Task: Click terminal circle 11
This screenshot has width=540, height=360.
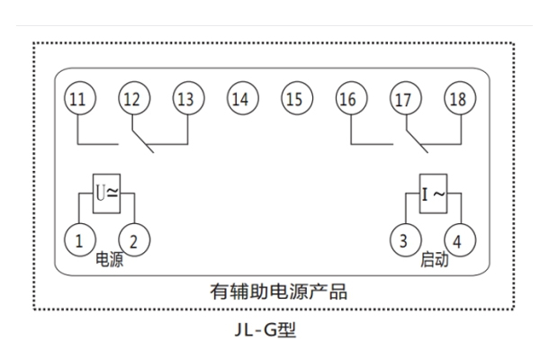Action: [80, 100]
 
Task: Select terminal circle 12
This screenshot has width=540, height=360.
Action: [133, 100]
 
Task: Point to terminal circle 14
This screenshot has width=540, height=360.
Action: [239, 100]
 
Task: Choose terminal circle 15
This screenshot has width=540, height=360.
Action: [293, 100]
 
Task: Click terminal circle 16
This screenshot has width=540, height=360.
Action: [348, 100]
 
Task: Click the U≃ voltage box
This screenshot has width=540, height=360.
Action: [107, 193]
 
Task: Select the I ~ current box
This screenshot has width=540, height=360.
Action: [431, 193]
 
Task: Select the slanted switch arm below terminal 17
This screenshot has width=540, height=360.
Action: [412, 139]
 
